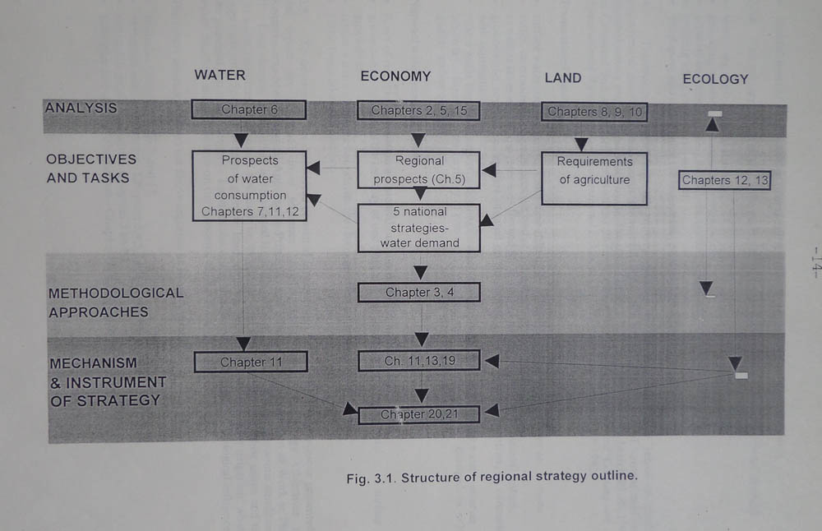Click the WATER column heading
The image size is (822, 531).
(219, 75)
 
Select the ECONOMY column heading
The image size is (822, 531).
(395, 76)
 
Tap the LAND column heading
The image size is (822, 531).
(562, 78)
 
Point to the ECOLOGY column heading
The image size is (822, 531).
(715, 79)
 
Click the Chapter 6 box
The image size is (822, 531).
(248, 109)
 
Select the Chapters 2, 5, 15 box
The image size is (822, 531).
(418, 110)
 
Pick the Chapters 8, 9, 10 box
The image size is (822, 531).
(594, 112)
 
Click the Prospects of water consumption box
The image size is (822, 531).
(249, 187)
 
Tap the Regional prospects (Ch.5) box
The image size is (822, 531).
(418, 170)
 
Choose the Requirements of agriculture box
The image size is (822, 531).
(593, 178)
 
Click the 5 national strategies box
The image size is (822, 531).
(418, 227)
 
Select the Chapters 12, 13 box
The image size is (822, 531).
(724, 180)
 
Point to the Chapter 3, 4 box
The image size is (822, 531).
(418, 292)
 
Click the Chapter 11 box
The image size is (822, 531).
(250, 362)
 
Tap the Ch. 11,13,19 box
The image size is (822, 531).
(418, 361)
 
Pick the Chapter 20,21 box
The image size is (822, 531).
(418, 414)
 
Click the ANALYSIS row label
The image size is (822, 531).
(81, 108)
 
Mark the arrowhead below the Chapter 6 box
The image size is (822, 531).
(240, 139)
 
